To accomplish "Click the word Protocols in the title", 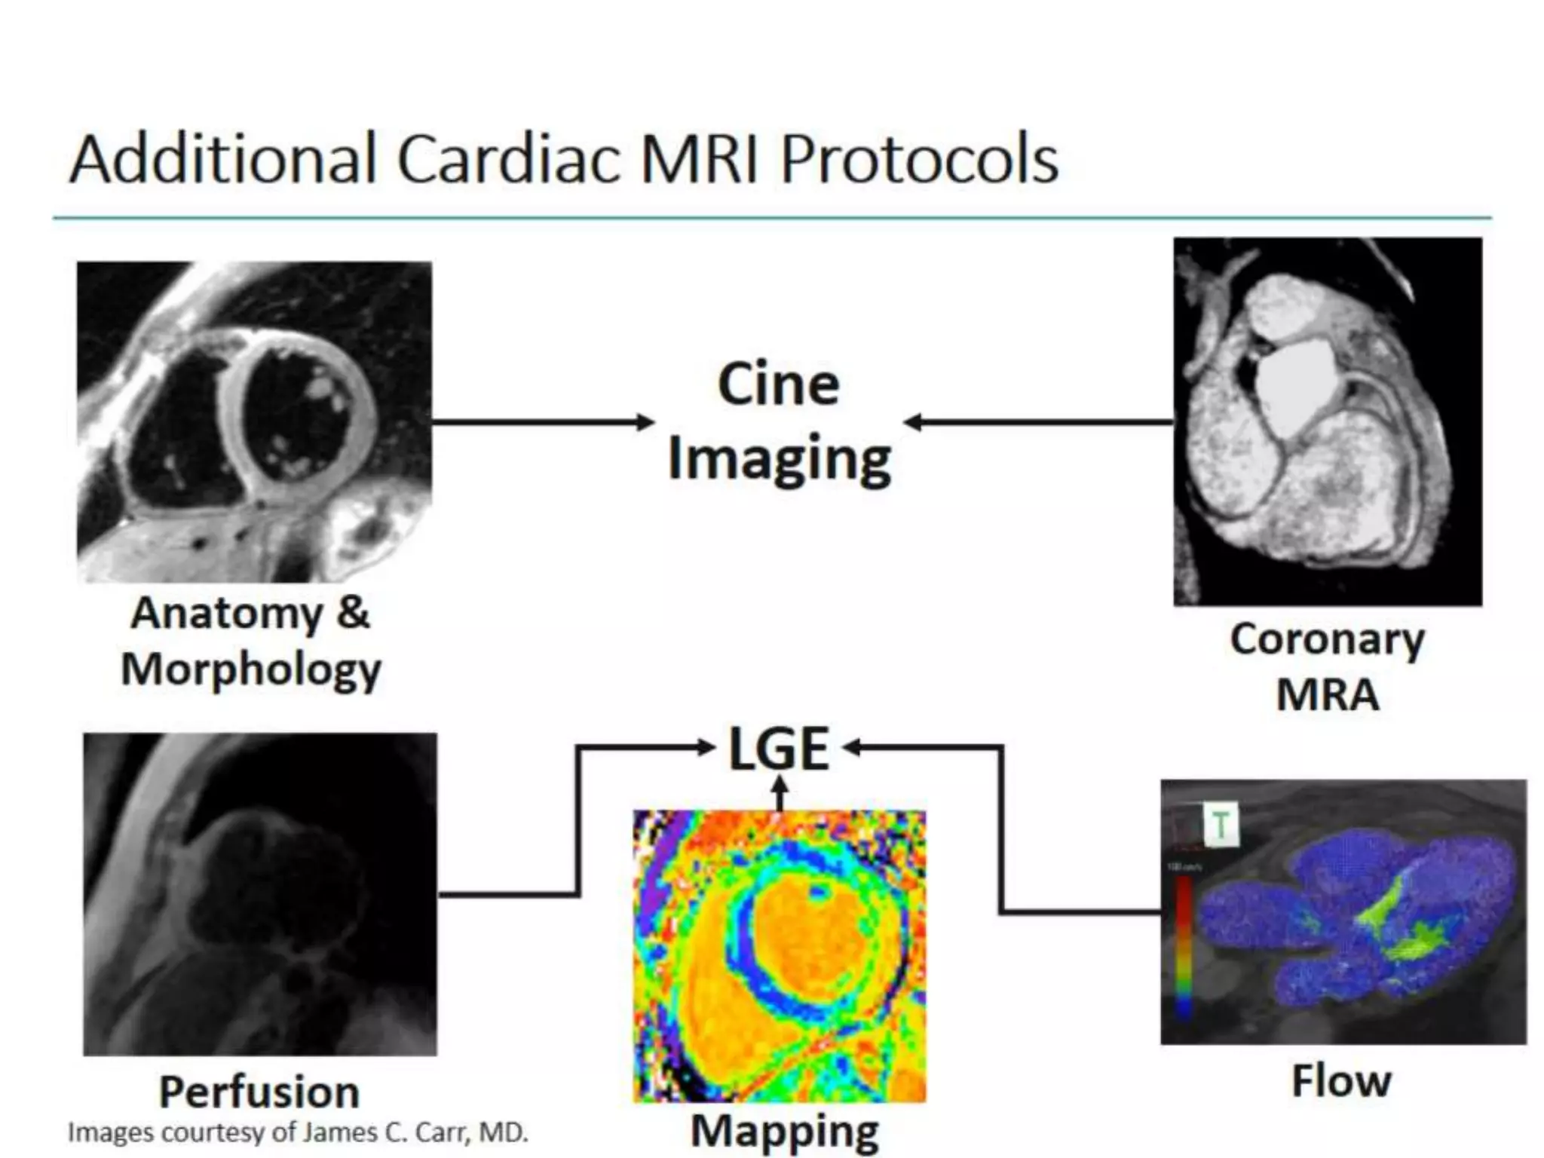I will click(918, 160).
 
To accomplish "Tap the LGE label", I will click(779, 749).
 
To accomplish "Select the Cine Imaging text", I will click(779, 421).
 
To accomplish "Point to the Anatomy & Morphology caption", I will click(251, 642).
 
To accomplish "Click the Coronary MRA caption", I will click(1327, 666).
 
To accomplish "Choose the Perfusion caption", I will click(259, 1092).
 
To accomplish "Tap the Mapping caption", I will click(785, 1132).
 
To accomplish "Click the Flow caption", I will click(1341, 1081).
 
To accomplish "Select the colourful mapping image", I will click(779, 956).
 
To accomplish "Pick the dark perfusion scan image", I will click(259, 893).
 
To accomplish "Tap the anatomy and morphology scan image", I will click(254, 421).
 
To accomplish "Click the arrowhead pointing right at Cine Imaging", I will click(645, 422).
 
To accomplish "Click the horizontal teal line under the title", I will click(771, 219).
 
